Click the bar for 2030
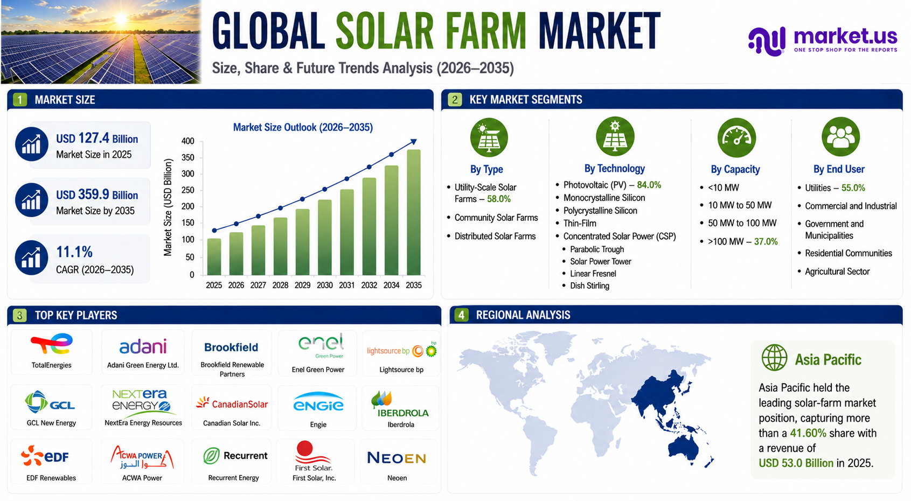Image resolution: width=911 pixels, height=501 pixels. [324, 237]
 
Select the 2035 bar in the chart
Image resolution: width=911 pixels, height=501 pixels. [414, 212]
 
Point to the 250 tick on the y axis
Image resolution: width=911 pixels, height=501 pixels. [187, 190]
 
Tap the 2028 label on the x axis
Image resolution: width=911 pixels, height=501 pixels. [280, 285]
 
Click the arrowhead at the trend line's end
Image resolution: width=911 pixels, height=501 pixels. [414, 142]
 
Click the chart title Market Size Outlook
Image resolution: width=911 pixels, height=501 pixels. [303, 127]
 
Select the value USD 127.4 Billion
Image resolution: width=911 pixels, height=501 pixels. [97, 138]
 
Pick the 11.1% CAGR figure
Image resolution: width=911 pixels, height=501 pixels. [74, 252]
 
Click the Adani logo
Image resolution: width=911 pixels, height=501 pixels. [143, 347]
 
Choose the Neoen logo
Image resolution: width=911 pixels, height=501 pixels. [397, 458]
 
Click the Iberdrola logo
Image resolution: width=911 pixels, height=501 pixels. [400, 405]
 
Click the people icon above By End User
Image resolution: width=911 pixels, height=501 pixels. [840, 137]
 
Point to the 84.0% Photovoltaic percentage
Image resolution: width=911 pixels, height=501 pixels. [649, 185]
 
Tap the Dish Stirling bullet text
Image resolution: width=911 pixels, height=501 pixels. [590, 286]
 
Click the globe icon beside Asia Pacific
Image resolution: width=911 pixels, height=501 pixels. [774, 358]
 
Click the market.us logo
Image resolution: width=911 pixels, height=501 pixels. [823, 40]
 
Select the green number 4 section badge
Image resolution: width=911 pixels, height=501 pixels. [461, 315]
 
